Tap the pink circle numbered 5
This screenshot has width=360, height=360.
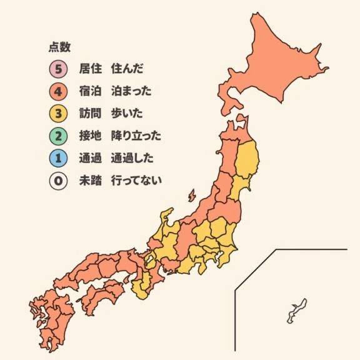coord(57,68)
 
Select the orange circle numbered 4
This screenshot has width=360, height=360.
coord(57,91)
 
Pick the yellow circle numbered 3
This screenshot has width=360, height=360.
coord(57,113)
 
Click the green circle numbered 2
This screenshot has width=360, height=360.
coord(57,136)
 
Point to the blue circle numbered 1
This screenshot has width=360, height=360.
coord(57,158)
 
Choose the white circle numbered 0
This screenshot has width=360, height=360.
coord(57,181)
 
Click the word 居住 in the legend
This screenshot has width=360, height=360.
coord(91,68)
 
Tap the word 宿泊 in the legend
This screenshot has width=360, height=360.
coord(91,91)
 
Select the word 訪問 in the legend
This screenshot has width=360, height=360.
coord(91,113)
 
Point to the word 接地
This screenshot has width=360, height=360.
coord(91,136)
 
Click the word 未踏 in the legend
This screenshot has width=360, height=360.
coord(91,181)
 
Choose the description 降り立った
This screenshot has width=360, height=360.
coord(136,136)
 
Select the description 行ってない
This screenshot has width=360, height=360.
coord(136,181)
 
